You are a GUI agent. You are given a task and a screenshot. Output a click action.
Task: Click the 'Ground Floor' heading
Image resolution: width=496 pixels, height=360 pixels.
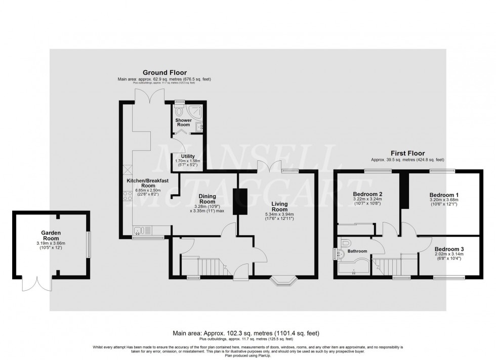[157, 73]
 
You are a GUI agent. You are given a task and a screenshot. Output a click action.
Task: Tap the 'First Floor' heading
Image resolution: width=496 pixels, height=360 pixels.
[407, 153]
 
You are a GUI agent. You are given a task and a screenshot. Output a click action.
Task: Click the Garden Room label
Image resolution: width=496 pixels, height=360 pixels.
[51, 234]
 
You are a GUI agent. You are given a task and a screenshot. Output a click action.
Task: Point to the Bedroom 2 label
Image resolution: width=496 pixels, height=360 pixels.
[367, 194]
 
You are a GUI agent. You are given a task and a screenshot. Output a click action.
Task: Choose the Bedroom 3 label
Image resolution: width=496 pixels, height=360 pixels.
[449, 249]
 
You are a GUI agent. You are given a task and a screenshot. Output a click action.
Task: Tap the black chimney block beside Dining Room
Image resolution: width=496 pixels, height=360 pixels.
[238, 201]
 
